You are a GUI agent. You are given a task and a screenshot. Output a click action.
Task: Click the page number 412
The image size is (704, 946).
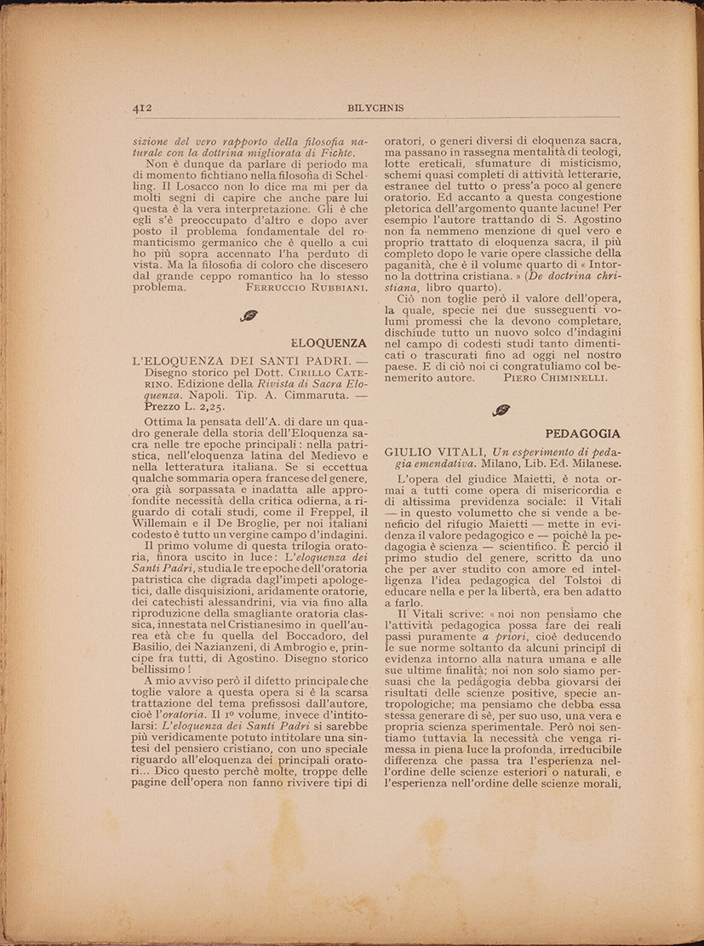(x=141, y=108)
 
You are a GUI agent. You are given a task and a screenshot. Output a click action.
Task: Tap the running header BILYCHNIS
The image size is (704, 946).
(x=375, y=108)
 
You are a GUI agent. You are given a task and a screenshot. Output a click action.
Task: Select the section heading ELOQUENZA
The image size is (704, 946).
(x=329, y=343)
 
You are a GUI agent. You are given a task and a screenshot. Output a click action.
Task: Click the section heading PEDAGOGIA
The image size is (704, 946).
(x=584, y=433)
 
